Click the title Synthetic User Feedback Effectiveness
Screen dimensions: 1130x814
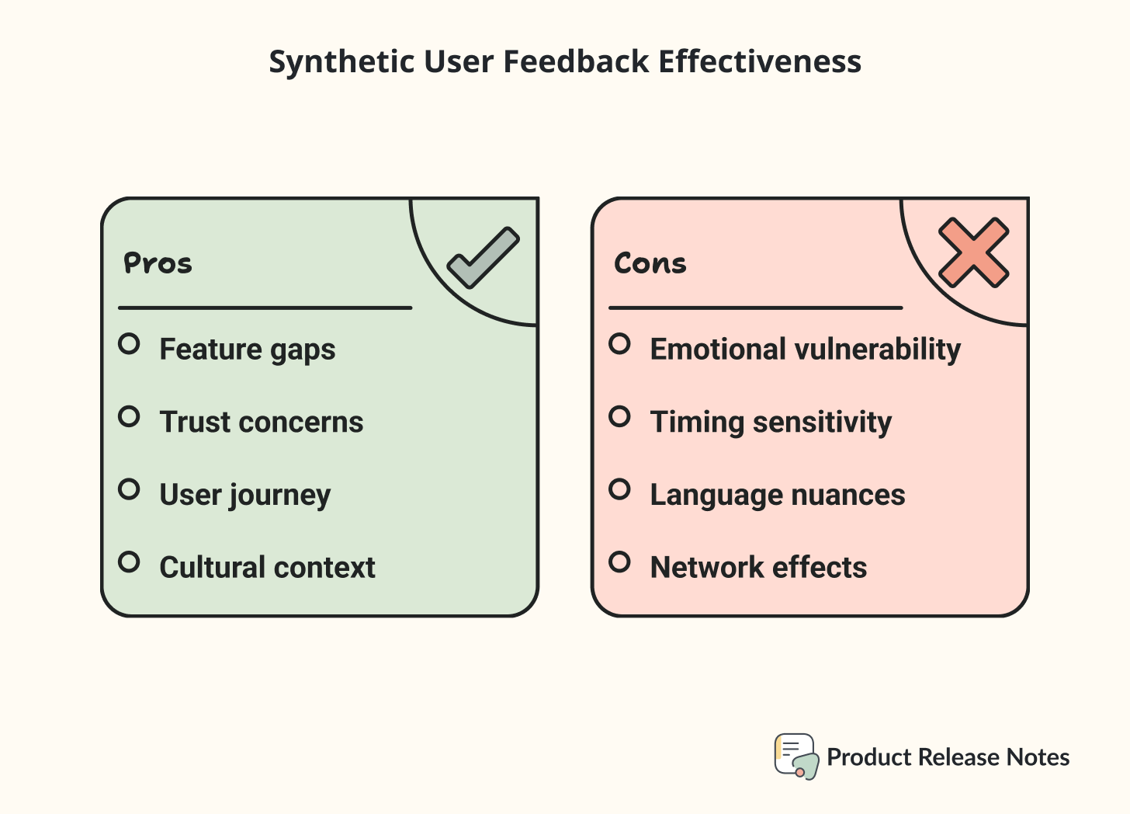[565, 62]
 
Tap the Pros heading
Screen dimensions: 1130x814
[158, 264]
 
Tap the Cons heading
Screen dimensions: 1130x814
[650, 264]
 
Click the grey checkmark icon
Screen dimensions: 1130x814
[484, 258]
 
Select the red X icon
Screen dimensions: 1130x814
[973, 253]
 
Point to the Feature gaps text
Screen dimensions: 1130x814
[248, 350]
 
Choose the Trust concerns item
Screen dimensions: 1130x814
[262, 422]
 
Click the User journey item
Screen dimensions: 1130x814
[245, 495]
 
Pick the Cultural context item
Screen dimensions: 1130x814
[267, 568]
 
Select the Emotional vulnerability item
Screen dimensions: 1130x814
[806, 350]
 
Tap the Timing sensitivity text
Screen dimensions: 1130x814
[771, 422]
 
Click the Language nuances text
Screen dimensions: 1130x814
[778, 495]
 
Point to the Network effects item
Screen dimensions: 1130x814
[758, 568]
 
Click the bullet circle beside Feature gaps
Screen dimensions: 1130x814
[130, 343]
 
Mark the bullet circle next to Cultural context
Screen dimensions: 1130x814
[130, 562]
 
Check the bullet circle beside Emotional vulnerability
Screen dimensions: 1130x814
[619, 343]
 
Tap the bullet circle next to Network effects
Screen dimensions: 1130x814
[619, 562]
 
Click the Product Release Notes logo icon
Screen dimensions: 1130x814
[796, 757]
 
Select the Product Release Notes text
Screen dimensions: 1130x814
[948, 757]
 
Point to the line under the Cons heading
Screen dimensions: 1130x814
[755, 308]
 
